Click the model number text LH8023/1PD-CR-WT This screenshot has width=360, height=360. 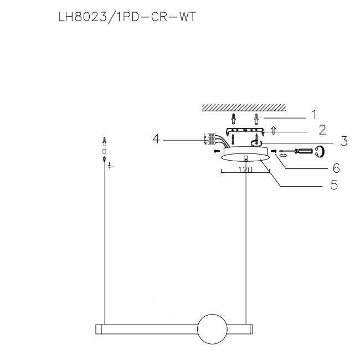[x=127, y=17]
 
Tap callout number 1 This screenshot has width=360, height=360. [x=314, y=114]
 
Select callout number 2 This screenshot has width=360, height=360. [x=322, y=130]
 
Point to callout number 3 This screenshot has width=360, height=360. [x=344, y=141]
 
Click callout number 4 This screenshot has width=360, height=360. [x=156, y=138]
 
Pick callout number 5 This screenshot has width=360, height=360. [x=335, y=184]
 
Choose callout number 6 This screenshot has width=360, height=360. [x=336, y=168]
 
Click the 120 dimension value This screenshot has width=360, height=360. [x=245, y=169]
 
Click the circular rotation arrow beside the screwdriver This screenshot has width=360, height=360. [x=320, y=152]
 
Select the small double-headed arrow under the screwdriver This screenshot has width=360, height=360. [x=284, y=156]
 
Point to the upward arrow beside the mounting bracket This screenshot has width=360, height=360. [x=273, y=130]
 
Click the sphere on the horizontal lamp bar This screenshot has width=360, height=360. [x=212, y=329]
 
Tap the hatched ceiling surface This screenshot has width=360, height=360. [x=244, y=107]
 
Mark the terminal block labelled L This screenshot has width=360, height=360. [x=211, y=135]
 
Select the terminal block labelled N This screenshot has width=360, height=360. [x=211, y=143]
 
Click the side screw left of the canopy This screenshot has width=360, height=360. [x=217, y=151]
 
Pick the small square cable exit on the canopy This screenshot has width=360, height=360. [x=246, y=158]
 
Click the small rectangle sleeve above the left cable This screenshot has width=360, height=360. [x=104, y=152]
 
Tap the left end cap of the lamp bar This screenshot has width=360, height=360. [x=99, y=329]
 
